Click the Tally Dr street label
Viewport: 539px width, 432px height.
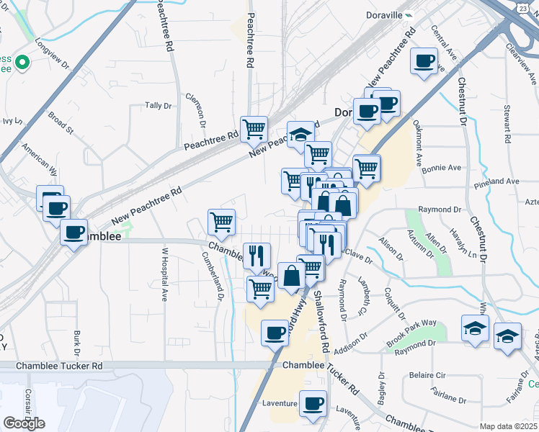click(159, 105)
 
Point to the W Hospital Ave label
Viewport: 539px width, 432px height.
click(164, 274)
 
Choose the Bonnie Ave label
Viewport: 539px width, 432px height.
click(441, 168)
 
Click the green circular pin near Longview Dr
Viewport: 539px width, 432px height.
click(22, 63)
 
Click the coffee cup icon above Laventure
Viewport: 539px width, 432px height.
click(313, 405)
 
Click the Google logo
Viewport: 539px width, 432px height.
click(24, 423)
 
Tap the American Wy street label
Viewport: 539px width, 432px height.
click(40, 159)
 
